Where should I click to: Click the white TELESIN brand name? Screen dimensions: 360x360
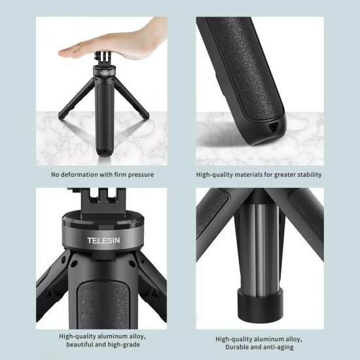[104, 240]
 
